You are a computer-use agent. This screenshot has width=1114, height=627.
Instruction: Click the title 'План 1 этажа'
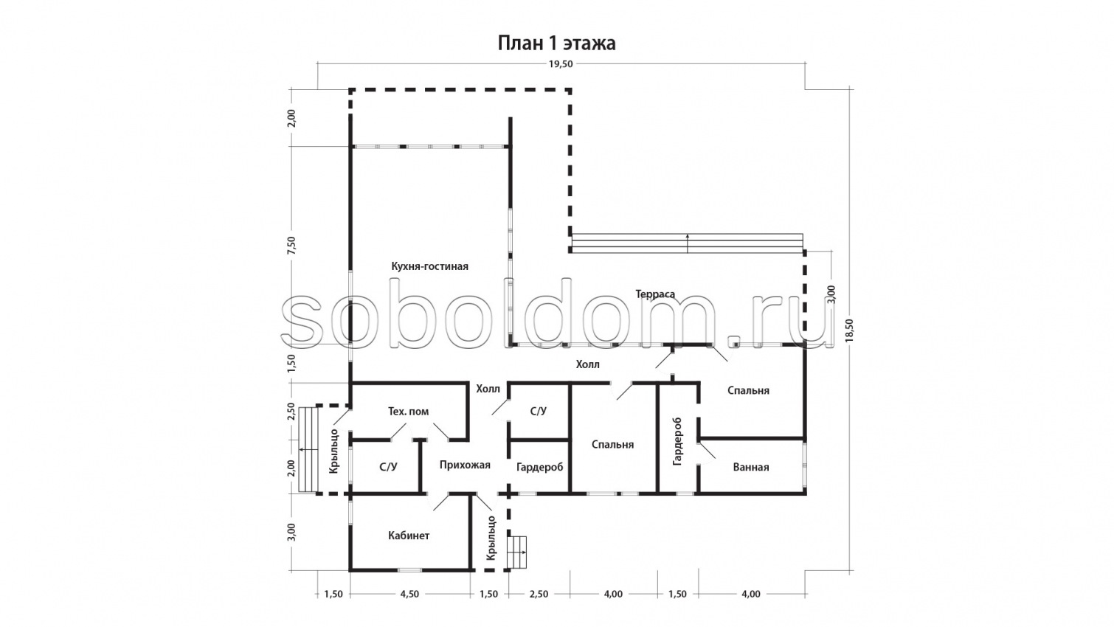coord(556,44)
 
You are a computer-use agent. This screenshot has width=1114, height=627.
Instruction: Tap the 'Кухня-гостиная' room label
coord(429,266)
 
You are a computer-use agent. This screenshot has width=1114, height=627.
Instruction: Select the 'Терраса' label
coord(655,294)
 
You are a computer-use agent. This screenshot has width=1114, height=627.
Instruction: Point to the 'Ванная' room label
coord(751,468)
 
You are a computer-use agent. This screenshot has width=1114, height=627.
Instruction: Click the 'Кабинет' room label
coord(409,536)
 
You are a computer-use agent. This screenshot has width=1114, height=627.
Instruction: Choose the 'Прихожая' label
coord(465,465)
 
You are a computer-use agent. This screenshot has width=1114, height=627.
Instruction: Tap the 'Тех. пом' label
coord(408,412)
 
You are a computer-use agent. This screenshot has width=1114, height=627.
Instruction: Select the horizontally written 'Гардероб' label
coord(539,468)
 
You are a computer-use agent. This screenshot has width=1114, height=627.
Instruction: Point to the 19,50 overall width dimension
coord(561,64)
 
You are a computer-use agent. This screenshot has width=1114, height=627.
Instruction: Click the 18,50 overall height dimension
coord(848,330)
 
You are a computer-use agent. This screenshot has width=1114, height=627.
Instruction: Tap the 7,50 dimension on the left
coord(291,246)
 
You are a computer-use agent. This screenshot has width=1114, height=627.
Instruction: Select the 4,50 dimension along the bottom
coord(409,594)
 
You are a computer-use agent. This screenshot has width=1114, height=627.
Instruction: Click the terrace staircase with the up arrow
coord(688,243)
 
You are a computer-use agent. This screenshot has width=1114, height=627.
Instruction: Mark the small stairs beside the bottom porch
coord(517,552)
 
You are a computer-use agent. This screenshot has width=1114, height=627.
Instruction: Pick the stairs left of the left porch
coord(308,449)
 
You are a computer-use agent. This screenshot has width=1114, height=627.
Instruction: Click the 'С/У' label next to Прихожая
coord(388,467)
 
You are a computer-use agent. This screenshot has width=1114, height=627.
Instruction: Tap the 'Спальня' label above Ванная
coord(748,391)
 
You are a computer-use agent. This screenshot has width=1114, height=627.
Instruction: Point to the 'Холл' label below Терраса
coord(588,364)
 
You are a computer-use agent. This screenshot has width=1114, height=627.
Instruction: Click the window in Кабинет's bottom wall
coord(410,569)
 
